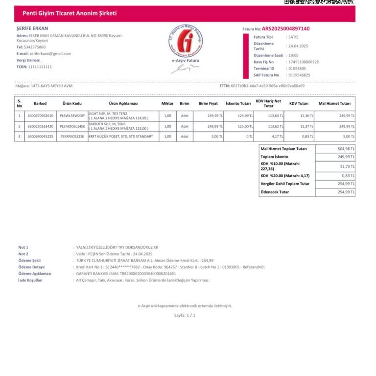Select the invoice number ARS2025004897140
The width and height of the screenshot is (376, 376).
click(x=285, y=29)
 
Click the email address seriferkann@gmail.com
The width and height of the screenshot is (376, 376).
click(x=50, y=54)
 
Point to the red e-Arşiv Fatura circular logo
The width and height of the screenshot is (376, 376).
click(x=186, y=41)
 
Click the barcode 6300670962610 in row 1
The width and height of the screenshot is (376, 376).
click(x=40, y=116)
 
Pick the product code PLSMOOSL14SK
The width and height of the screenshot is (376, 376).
click(x=72, y=126)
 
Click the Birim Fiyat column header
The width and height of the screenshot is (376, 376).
click(x=208, y=104)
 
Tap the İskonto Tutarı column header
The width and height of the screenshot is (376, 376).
click(x=238, y=104)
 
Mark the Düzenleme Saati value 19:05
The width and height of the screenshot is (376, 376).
click(x=293, y=55)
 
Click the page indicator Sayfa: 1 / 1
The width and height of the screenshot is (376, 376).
click(x=185, y=315)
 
